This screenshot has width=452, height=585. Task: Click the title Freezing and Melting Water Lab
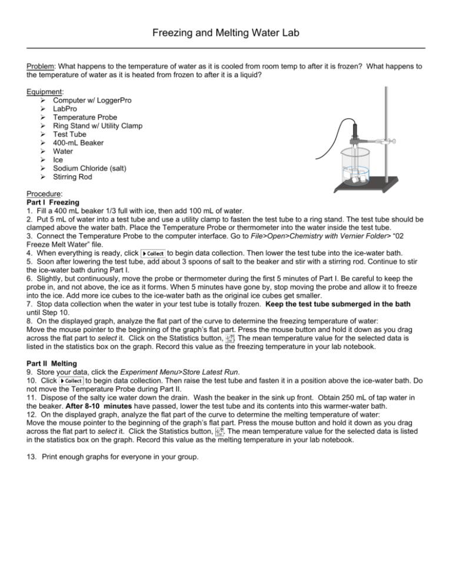pyautogui.click(x=226, y=35)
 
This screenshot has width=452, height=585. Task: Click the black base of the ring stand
pyautogui.click(x=368, y=188)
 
